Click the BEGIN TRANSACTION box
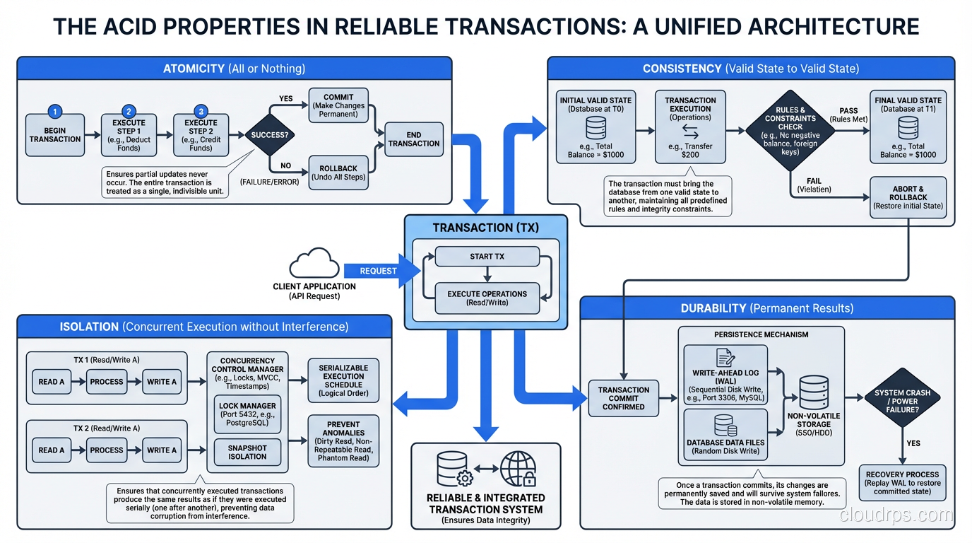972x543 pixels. click(x=55, y=134)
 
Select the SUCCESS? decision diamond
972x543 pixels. click(x=269, y=134)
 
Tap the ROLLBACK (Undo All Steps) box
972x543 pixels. click(x=338, y=173)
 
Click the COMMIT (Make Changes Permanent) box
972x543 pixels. click(x=338, y=105)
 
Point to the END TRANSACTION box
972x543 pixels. click(x=414, y=139)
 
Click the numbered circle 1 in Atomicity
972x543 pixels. click(x=55, y=112)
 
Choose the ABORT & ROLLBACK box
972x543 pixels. click(x=908, y=197)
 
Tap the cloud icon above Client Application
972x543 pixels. click(x=314, y=264)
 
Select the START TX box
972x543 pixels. click(x=487, y=257)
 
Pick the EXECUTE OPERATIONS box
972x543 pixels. click(x=487, y=298)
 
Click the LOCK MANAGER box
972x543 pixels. click(x=247, y=414)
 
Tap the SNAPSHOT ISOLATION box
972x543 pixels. click(x=247, y=452)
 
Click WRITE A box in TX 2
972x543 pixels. click(x=162, y=450)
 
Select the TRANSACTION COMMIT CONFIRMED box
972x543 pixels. click(x=623, y=398)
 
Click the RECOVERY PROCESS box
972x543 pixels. click(x=902, y=484)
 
